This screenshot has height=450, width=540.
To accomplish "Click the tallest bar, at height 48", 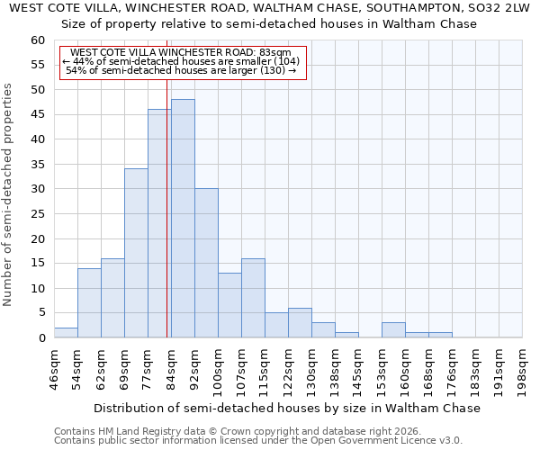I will point(183,219).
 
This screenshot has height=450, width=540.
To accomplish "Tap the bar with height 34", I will point(136,253).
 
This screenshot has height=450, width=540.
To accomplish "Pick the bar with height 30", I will point(206,263).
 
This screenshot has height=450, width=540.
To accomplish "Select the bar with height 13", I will point(229,305).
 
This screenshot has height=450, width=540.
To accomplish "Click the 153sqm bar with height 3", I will point(393,330).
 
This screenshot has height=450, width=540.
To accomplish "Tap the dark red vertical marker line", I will point(167,207).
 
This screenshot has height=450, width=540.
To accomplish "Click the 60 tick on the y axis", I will point(38,40).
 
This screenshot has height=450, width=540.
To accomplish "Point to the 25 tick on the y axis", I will point(38,214).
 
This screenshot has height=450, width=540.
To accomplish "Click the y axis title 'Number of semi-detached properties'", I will point(8,194).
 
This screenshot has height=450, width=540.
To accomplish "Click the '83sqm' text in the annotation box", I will point(275,53).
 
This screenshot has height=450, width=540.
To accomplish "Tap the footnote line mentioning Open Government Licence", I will point(257,441).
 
